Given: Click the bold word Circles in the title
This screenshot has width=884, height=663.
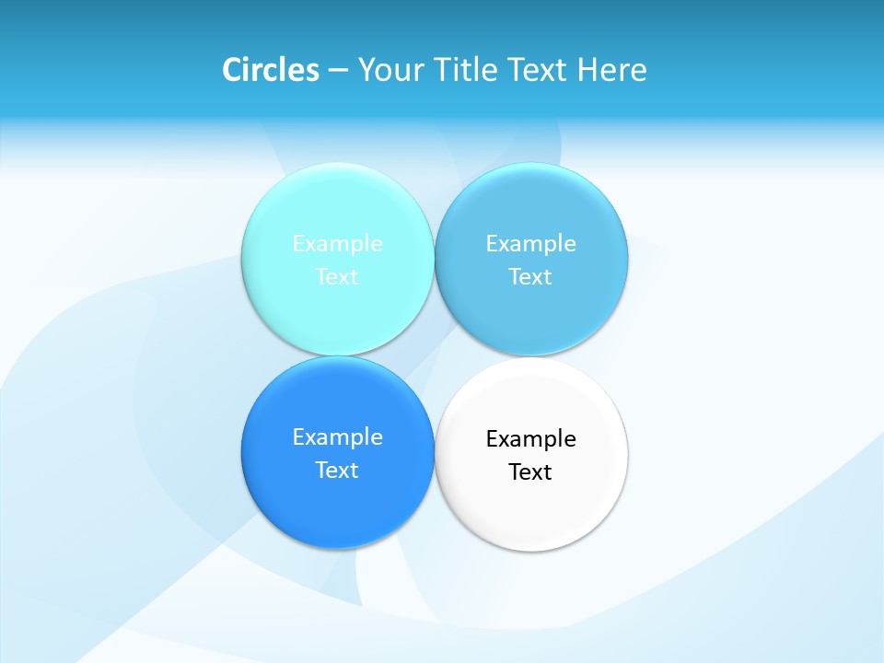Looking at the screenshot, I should tap(271, 70).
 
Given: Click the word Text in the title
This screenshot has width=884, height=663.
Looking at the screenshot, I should tap(539, 70).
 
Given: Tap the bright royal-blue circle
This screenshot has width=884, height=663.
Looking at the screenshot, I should tap(337, 506).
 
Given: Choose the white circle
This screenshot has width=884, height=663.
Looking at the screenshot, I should tap(531, 511).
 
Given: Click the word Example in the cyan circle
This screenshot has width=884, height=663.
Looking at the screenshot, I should tap(337, 244).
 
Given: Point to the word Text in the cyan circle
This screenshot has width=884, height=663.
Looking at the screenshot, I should tap(337, 277).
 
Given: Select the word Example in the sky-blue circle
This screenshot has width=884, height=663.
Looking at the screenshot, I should tap(530, 244).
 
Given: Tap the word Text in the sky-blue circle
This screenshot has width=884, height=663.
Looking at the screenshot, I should tap(530, 277).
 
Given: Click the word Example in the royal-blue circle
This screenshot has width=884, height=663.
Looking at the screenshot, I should tap(337, 437).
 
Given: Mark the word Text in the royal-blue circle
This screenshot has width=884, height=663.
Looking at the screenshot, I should tap(337, 471).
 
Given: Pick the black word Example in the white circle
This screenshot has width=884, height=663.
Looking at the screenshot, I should tap(530, 439).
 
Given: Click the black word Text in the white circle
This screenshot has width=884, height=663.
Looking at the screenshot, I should tap(530, 472).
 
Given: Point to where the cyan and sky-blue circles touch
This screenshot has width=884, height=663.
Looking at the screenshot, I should tap(434, 260).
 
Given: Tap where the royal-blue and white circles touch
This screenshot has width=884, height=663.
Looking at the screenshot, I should tap(434, 453).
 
